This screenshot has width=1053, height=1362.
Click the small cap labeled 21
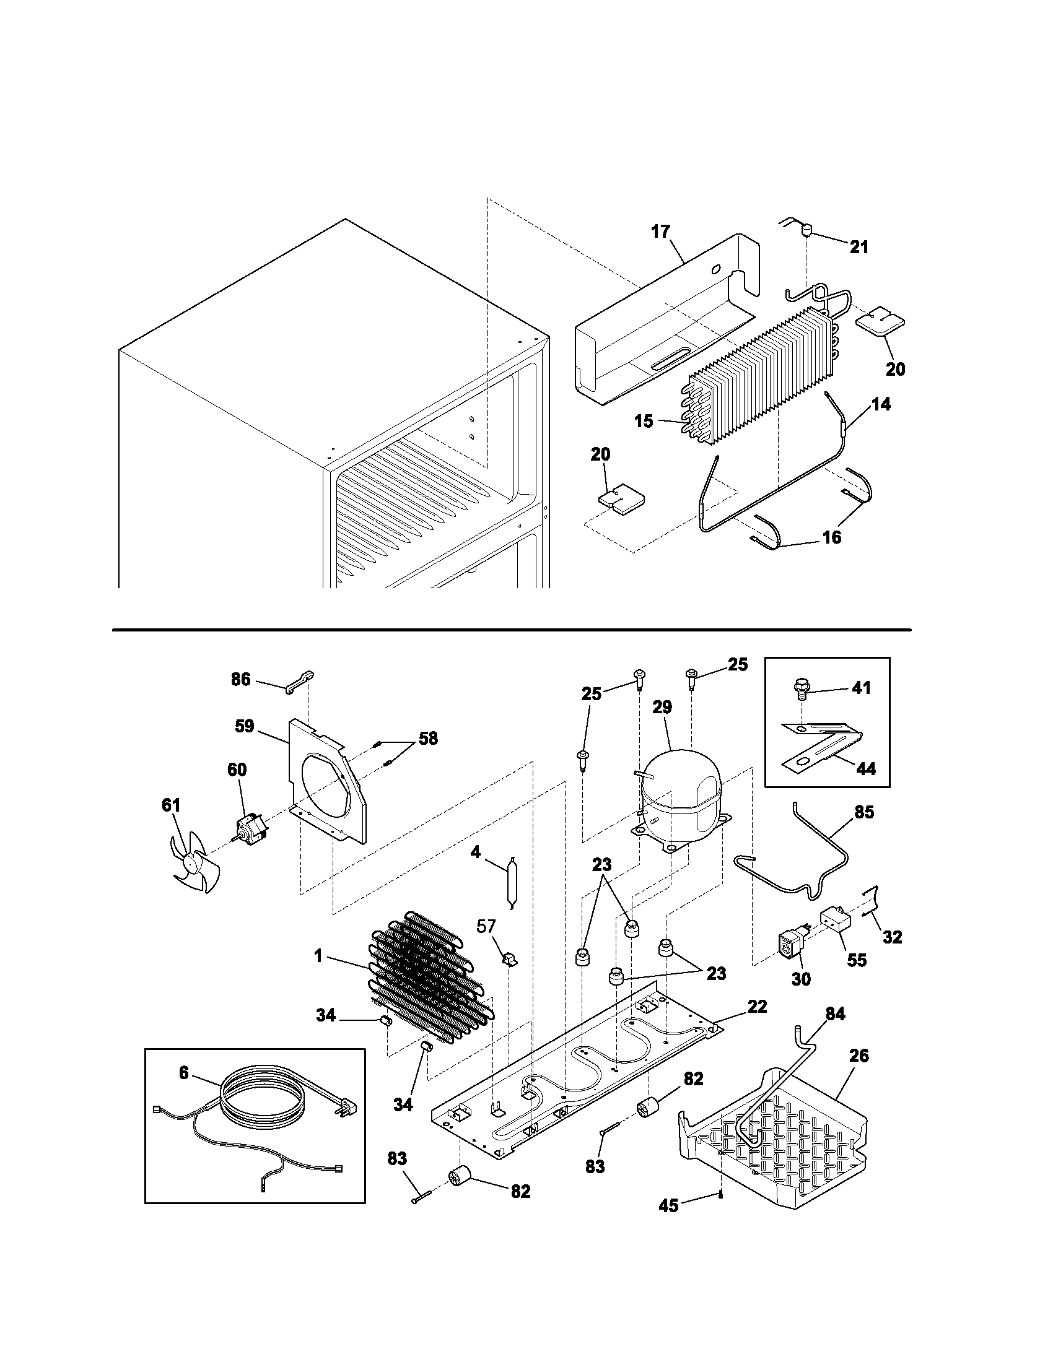click(806, 233)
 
